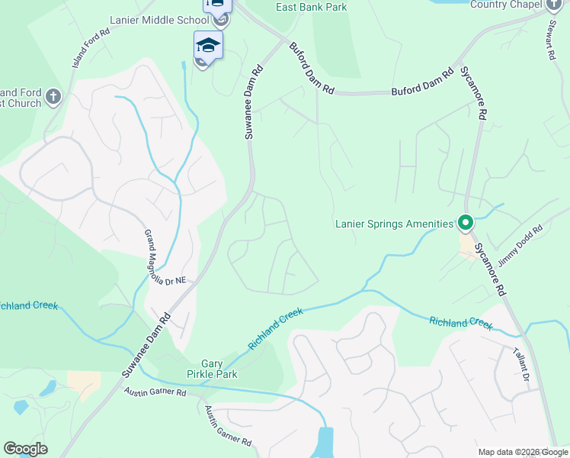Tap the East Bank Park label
pos(311,7)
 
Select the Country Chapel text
pos(504,5)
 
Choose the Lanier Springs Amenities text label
pos(394,224)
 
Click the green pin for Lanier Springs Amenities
pos(466,224)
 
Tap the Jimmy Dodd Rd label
pos(520,244)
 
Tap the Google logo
pos(25,449)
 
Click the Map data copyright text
pos(523,452)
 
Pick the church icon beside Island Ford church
pos(53,97)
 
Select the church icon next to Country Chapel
pos(555,5)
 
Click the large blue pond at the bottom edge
pos(325,443)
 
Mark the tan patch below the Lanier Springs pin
pos(466,247)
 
